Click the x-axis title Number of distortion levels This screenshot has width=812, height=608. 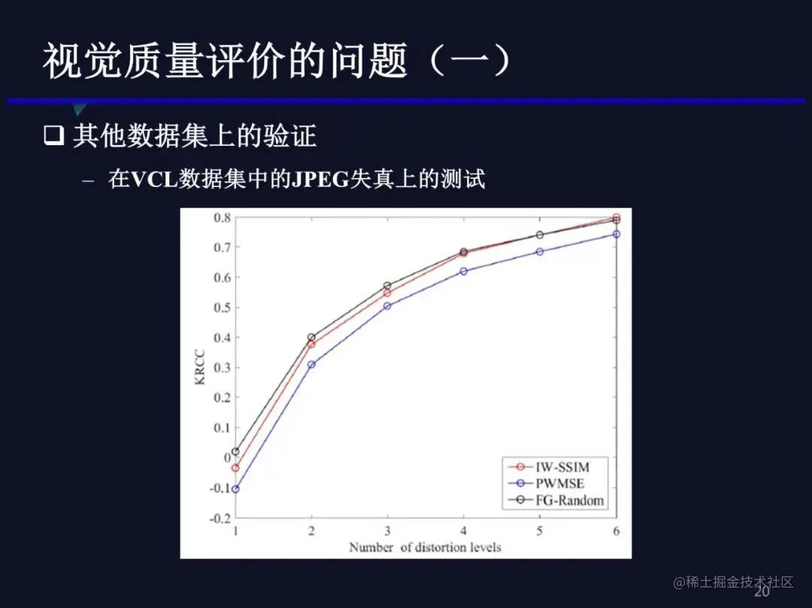click(425, 547)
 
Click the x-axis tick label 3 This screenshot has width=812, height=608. click(387, 530)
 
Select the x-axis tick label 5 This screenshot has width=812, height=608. click(540, 530)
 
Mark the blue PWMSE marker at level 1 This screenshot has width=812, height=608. click(235, 489)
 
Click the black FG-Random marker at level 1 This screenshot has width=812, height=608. click(235, 452)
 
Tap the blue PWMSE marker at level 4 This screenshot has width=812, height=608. click(463, 271)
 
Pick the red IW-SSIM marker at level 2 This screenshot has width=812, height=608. click(311, 344)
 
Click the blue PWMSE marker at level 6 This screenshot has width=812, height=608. click(617, 234)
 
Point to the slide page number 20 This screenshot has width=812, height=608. click(762, 591)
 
